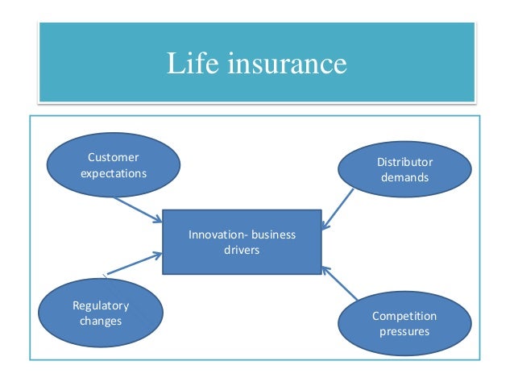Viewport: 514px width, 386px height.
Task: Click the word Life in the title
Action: (187, 63)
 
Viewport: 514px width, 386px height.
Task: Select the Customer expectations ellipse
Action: (113, 164)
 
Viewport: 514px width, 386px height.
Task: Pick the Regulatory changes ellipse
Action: (101, 313)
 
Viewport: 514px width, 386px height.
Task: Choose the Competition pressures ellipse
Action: (404, 323)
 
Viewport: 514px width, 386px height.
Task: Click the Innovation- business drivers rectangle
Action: (242, 242)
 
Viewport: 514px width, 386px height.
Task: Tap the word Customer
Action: (113, 157)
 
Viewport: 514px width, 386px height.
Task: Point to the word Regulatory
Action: (101, 306)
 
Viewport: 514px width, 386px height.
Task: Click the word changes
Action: (101, 321)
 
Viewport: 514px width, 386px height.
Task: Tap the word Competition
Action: (404, 316)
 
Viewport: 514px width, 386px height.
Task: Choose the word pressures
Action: (404, 330)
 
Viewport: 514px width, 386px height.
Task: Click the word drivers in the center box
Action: (242, 250)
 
